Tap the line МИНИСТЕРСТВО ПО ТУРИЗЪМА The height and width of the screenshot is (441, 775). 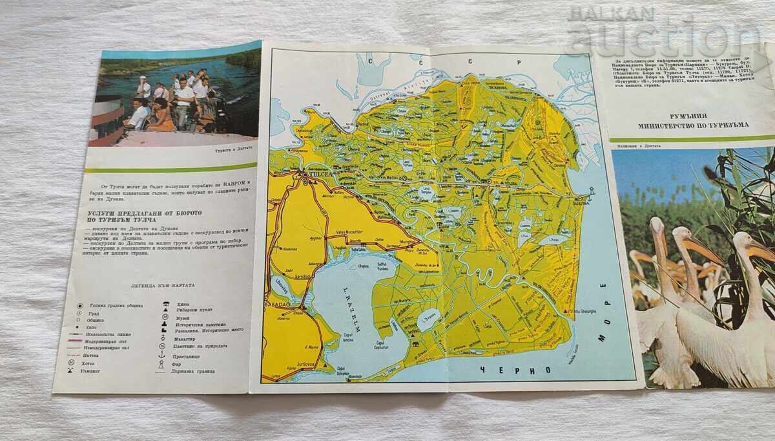[x=686, y=125]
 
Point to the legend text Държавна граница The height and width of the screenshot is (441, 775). [x=196, y=371]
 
